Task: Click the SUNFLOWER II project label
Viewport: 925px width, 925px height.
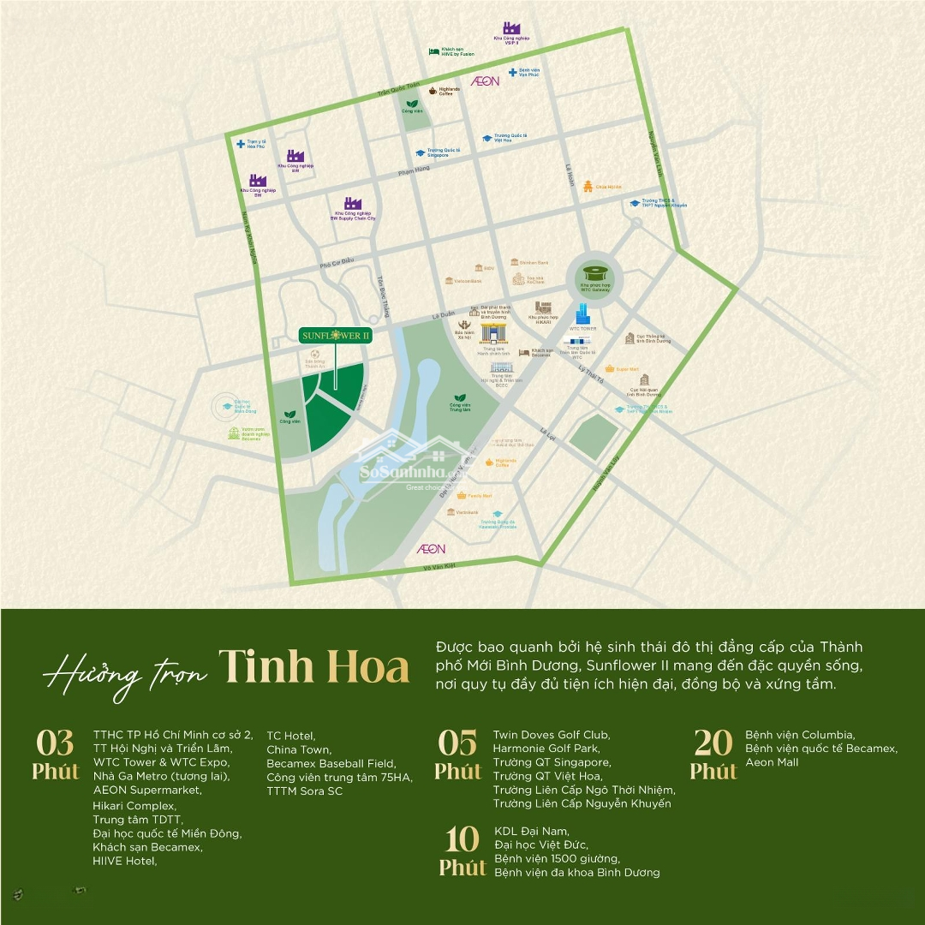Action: (x=336, y=336)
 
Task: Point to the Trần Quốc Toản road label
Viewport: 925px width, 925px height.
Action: (x=400, y=91)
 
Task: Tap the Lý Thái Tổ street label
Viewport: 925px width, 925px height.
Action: (x=592, y=374)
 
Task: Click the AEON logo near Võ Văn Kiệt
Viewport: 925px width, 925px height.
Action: (x=431, y=547)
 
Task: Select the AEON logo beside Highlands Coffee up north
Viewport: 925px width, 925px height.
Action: (x=485, y=81)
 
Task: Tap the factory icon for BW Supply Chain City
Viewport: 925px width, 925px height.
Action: (x=353, y=205)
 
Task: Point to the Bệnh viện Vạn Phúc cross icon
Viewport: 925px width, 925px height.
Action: (x=512, y=72)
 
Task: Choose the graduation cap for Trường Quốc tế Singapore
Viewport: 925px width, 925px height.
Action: (x=419, y=152)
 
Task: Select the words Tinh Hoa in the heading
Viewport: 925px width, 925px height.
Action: (x=313, y=665)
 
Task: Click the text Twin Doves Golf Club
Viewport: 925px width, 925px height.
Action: (x=551, y=735)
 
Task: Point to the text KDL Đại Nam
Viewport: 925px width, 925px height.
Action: (x=531, y=831)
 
